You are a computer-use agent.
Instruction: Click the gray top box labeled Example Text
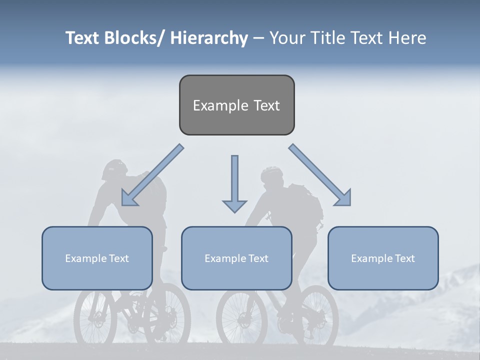click(x=236, y=105)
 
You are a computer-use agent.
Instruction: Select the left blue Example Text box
click(x=97, y=258)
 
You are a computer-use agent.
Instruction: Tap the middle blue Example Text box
click(x=236, y=258)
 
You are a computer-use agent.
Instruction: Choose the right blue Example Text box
click(x=383, y=258)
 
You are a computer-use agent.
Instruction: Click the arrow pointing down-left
click(x=152, y=175)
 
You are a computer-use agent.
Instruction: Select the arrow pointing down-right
click(x=320, y=175)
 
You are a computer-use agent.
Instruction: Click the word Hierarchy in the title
click(x=208, y=38)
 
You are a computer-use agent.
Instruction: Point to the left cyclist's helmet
click(x=114, y=169)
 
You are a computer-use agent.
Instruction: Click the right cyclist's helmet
click(x=272, y=175)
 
